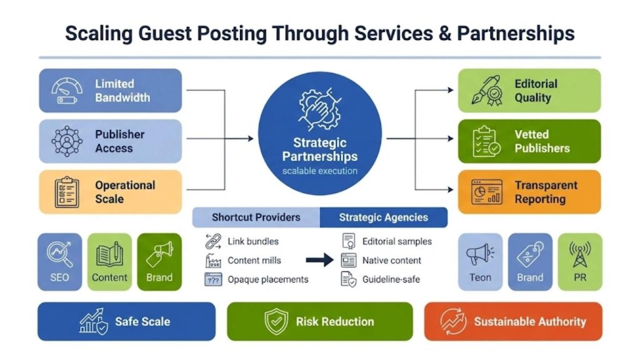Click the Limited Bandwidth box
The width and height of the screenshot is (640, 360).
pos(110,91)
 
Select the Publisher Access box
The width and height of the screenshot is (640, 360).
pos(110,141)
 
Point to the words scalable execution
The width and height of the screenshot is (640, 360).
pos(319,171)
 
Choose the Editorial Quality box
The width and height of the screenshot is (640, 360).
pos(529,91)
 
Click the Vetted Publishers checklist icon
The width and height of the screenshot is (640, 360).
pos(486,141)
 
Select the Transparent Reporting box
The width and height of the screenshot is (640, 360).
pos(529,192)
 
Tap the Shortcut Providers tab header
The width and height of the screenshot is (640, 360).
pos(256,217)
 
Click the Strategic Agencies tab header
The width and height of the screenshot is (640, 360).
pos(383,217)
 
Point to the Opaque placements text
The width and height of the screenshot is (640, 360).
pos(267,279)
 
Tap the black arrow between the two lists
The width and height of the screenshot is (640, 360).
pos(319,261)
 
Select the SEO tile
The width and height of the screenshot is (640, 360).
pos(59,262)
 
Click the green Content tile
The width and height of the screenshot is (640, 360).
pos(109,262)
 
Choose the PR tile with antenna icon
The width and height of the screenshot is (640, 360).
pos(579,262)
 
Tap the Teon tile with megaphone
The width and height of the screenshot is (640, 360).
pos(480,262)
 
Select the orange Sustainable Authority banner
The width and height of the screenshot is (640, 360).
pos(512,322)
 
